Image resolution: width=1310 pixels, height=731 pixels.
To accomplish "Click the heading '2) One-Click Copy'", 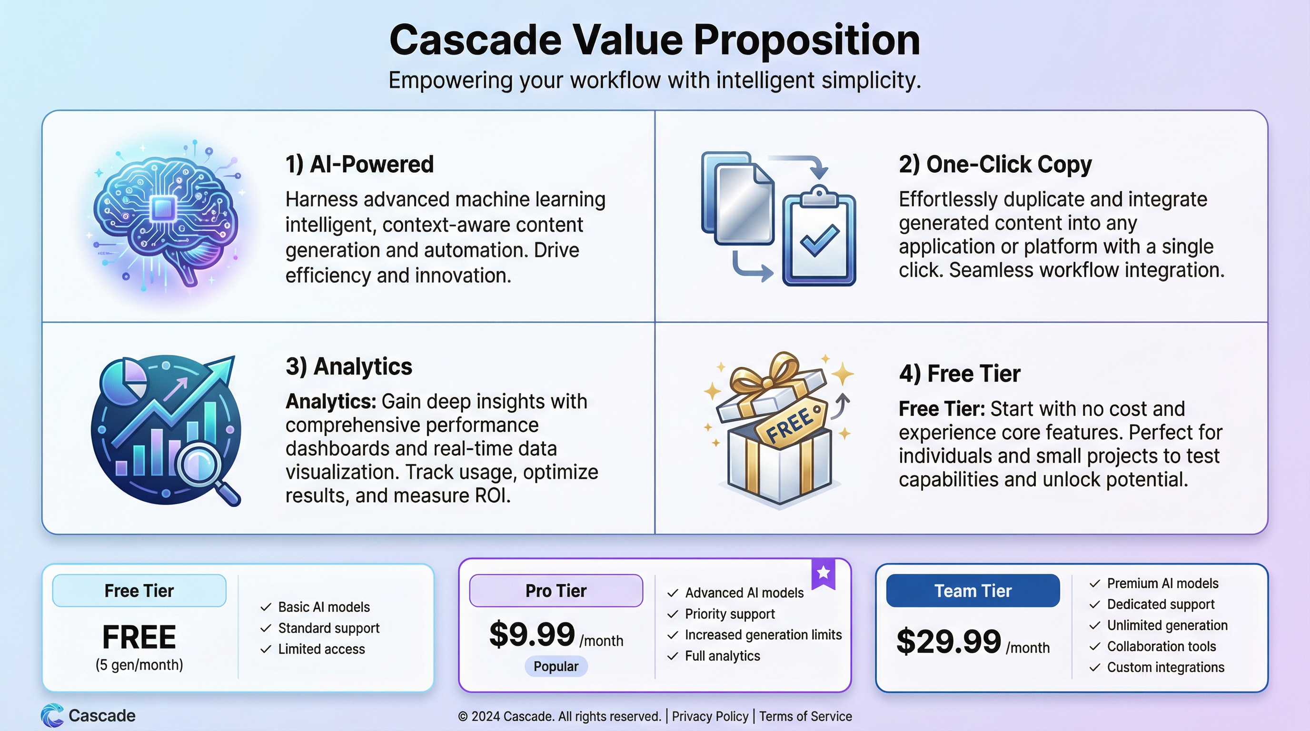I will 995,165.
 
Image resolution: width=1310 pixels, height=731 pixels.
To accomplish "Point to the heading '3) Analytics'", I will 348,366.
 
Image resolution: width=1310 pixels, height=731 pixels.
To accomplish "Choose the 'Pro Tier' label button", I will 556,591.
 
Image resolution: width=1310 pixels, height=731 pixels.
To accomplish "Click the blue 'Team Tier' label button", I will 973,591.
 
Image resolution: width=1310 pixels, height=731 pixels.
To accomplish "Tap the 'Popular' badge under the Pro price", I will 556,666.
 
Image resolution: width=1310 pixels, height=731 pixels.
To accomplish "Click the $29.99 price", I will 948,642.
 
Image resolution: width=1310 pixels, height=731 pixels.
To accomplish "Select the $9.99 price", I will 532,634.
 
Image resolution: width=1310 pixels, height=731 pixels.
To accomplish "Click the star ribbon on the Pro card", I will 824,573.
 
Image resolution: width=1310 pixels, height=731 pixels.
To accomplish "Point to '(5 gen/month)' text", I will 139,665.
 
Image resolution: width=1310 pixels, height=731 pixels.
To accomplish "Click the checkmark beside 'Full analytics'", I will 673,656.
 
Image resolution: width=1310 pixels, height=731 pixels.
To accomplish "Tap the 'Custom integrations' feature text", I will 1166,667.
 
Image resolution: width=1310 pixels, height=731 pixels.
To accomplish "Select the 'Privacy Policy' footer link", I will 710,716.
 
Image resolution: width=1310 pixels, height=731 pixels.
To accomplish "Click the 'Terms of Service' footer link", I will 805,716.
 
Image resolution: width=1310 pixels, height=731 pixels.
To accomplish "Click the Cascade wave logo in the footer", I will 52,715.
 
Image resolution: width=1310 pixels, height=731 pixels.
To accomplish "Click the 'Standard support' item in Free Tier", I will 328,628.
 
